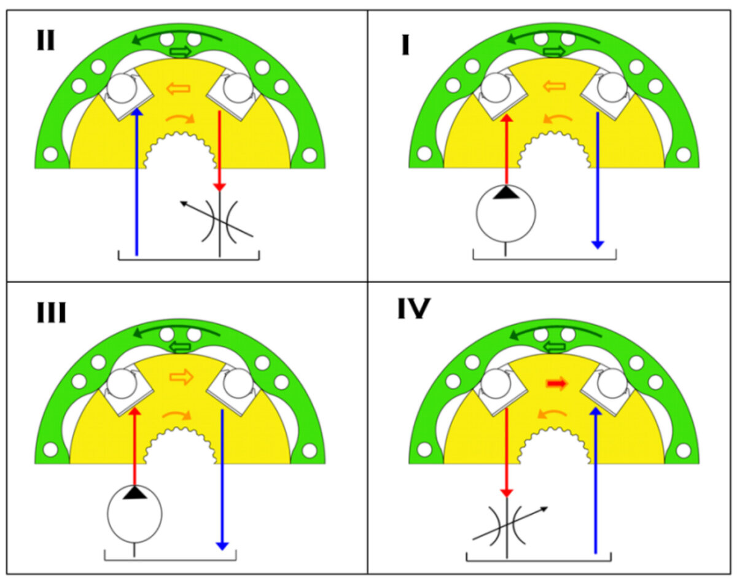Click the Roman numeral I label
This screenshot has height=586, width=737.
[405, 45]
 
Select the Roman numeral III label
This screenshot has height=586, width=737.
[50, 313]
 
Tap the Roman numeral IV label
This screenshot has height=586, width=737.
[413, 309]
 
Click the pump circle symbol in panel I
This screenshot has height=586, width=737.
[506, 213]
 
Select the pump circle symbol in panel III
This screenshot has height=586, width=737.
[135, 514]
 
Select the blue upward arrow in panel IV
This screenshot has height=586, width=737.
[595, 479]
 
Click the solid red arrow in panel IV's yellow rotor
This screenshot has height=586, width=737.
[556, 384]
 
